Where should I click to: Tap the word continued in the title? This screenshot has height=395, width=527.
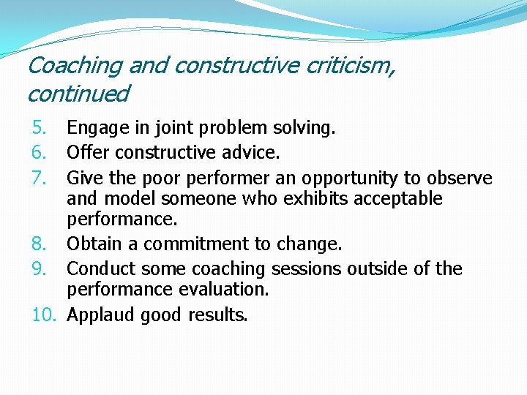click(78, 94)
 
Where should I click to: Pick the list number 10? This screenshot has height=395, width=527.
click(45, 315)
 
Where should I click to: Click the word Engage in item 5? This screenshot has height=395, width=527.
click(94, 129)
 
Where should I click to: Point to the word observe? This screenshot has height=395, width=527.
click(463, 178)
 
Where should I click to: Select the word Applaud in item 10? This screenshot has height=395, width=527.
click(101, 315)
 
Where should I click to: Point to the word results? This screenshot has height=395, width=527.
click(217, 315)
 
